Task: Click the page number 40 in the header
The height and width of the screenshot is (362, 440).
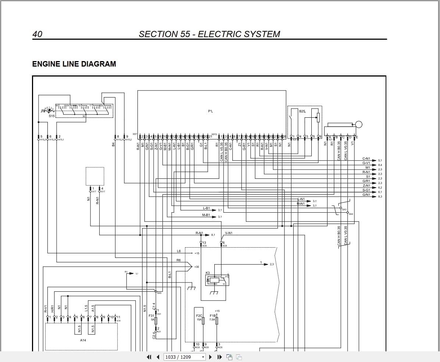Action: tap(37, 34)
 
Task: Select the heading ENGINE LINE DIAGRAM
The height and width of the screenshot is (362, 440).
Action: tap(74, 64)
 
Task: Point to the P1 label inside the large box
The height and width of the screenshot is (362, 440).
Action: tap(210, 111)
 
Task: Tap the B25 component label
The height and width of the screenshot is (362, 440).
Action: tap(302, 111)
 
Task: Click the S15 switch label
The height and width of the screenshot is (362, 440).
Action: tap(51, 116)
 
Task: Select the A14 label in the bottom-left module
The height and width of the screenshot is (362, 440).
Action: tap(83, 340)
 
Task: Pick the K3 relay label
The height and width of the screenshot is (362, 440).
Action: tap(208, 273)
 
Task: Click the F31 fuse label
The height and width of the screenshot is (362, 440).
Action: tap(151, 316)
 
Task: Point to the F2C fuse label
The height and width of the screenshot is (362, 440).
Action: tap(199, 316)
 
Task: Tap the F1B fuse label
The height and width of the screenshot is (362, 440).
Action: tap(212, 316)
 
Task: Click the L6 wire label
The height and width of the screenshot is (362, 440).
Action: tap(179, 251)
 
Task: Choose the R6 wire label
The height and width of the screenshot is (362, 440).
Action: tap(179, 260)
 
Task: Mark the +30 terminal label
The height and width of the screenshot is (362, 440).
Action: tap(197, 267)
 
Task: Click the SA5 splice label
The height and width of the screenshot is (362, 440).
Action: tap(159, 293)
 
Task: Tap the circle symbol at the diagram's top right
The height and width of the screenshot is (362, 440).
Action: tap(359, 124)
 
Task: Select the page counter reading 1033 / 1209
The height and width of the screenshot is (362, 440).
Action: tap(178, 357)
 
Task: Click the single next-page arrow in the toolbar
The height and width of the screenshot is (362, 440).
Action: tap(211, 357)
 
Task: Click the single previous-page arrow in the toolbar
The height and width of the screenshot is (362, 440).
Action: tap(158, 357)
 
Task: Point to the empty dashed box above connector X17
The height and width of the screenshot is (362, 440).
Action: tap(95, 176)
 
